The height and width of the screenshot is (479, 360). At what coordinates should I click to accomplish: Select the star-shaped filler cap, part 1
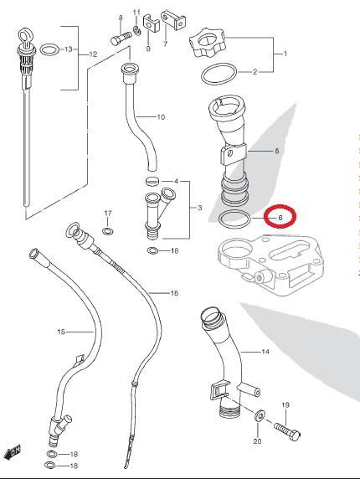[x=208, y=44]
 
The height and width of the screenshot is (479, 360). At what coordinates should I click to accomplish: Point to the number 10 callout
[x=161, y=117]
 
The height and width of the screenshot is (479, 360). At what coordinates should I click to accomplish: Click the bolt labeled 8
[x=120, y=39]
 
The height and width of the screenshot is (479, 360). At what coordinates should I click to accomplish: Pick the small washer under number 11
[x=136, y=30]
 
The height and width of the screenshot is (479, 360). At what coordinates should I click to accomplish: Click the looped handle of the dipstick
[x=24, y=37]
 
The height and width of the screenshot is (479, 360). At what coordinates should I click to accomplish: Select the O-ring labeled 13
[x=49, y=49]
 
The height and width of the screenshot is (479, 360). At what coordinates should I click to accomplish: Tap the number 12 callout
[x=93, y=54]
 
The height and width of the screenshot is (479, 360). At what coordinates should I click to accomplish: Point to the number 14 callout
[x=265, y=352]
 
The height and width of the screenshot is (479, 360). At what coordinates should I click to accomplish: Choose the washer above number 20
[x=260, y=415]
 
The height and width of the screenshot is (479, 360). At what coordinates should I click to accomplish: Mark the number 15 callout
[x=61, y=332]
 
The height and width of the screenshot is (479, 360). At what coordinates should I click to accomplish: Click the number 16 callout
[x=174, y=293]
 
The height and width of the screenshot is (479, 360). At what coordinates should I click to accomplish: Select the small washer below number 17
[x=107, y=231]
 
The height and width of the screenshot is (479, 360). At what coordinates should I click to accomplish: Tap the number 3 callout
[x=200, y=208]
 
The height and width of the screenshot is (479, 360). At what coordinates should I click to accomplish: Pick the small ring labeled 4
[x=152, y=181]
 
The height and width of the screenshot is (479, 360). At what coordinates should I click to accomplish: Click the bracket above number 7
[x=173, y=20]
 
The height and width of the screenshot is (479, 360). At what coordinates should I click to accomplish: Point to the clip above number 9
[x=152, y=23]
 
